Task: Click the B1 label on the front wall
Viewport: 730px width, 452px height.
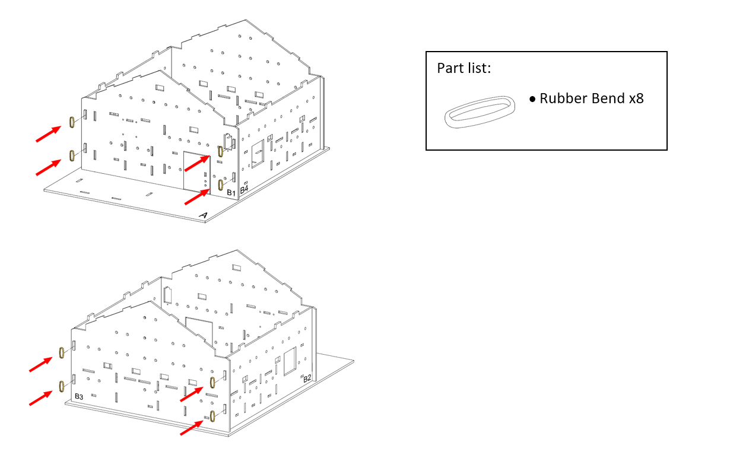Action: pos(231,193)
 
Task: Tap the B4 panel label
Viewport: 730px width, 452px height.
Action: pos(244,189)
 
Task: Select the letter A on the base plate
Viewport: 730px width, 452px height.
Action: pos(204,215)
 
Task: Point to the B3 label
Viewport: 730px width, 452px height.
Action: pos(79,396)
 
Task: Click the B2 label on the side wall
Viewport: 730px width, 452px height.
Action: pos(307,378)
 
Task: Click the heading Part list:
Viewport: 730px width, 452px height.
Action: pos(464,68)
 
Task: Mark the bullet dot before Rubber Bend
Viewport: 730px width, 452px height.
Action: pos(532,99)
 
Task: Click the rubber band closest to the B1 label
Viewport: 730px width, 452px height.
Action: pos(221,184)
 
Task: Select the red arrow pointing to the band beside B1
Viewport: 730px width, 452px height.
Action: pos(197,197)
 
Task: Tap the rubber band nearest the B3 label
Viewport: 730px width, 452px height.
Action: pos(61,386)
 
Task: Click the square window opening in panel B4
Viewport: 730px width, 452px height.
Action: pos(258,154)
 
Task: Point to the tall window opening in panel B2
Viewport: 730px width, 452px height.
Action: pos(290,361)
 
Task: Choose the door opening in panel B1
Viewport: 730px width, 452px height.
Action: pos(196,173)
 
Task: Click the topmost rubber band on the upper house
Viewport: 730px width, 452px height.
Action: pos(72,122)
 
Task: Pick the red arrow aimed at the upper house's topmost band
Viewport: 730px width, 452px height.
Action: pos(48,134)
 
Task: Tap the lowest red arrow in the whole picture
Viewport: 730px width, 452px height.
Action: pos(192,428)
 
